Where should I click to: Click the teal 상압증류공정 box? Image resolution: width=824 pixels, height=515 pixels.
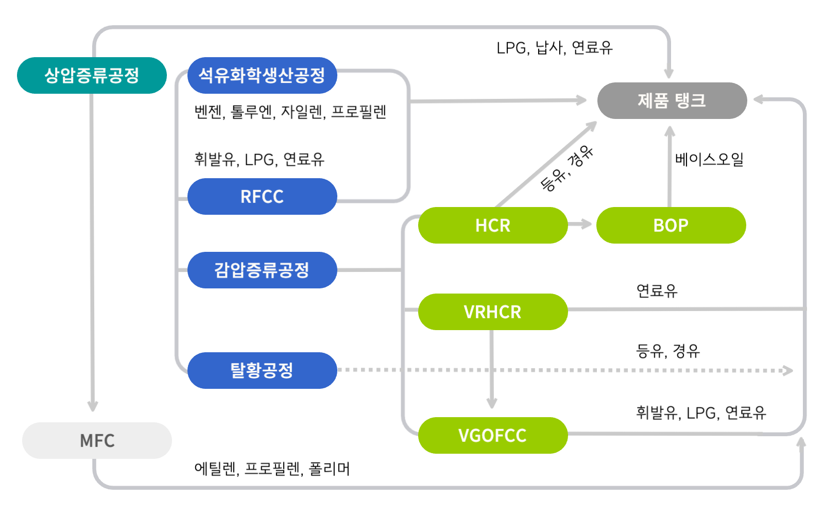click(92, 75)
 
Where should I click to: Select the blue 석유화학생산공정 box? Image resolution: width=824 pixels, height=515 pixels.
click(262, 75)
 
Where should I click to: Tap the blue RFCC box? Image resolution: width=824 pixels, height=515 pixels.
click(262, 196)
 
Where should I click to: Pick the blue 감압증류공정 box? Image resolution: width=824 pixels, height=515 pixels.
click(262, 270)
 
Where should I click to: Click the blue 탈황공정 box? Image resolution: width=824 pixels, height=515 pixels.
click(262, 370)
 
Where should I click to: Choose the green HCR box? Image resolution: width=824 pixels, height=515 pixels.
click(493, 225)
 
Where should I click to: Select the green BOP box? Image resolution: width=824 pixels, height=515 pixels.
click(671, 225)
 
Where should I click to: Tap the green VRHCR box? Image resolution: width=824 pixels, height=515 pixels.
click(493, 312)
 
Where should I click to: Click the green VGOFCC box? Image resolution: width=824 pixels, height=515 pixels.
click(493, 435)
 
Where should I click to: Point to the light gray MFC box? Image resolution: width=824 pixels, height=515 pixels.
click(97, 440)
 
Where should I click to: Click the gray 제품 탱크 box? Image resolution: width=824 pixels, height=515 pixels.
click(672, 100)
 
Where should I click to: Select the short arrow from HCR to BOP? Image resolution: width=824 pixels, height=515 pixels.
click(580, 224)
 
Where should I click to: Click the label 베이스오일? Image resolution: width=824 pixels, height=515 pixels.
click(709, 159)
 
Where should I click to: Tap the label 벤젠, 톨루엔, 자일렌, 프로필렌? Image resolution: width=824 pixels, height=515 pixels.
click(290, 111)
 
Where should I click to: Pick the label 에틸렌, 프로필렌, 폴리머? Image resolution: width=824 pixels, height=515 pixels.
click(272, 469)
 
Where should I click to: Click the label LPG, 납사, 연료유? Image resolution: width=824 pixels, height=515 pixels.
click(555, 48)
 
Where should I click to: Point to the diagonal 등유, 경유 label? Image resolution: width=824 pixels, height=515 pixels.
click(566, 168)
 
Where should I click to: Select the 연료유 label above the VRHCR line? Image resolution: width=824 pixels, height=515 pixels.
click(657, 290)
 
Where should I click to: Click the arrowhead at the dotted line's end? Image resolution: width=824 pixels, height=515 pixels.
click(788, 370)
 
